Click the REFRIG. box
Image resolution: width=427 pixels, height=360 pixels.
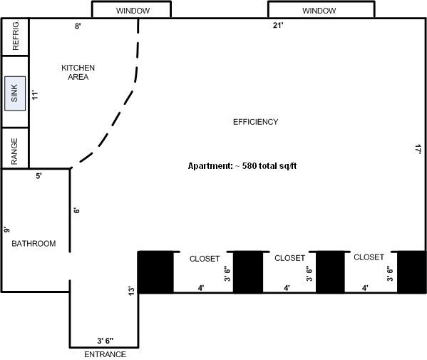[14, 36]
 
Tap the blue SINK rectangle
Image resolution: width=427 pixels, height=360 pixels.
[14, 93]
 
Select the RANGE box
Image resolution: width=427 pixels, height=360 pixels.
[14, 148]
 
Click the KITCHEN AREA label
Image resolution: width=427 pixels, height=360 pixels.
[78, 72]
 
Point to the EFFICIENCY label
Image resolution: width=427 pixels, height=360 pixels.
[255, 122]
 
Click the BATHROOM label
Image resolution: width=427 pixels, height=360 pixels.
[34, 244]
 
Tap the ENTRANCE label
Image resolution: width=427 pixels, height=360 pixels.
[105, 354]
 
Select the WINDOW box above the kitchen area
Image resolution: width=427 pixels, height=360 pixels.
[131, 11]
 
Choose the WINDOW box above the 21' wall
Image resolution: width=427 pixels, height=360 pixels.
[319, 11]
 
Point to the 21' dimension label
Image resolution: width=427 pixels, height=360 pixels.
[278, 26]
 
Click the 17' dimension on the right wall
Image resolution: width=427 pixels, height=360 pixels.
[418, 149]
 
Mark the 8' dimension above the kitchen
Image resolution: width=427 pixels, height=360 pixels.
[78, 26]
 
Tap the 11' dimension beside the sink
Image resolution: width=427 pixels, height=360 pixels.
[34, 93]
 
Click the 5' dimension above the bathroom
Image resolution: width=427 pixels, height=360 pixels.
[38, 176]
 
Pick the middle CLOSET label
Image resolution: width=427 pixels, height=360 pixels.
[289, 258]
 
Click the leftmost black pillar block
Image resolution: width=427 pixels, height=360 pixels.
[155, 272]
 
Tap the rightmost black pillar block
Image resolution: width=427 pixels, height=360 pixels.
[411, 272]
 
